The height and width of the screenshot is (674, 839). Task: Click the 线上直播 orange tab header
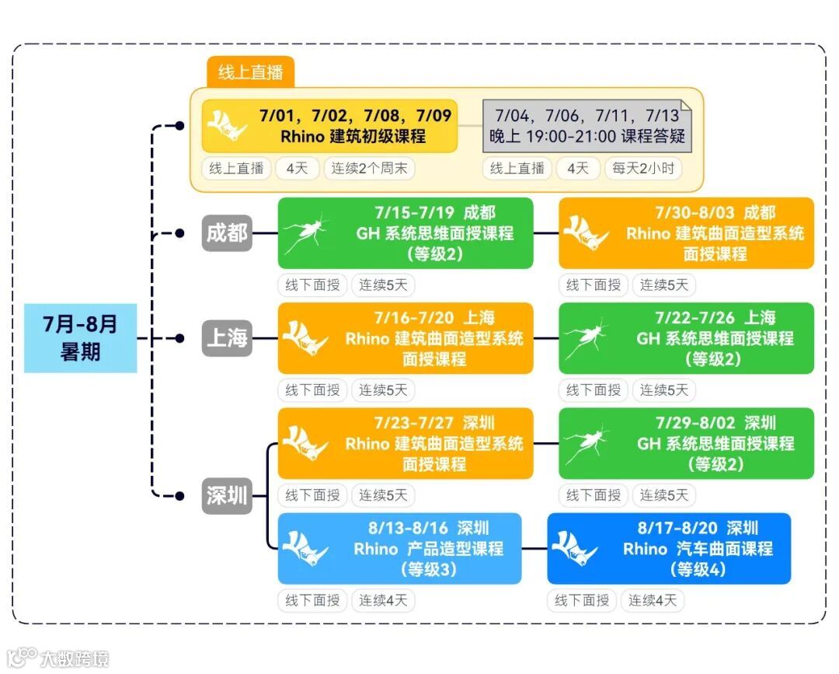coord(250,72)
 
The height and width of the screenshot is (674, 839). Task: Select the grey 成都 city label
coord(227,232)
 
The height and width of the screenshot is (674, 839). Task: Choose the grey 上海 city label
coord(227,338)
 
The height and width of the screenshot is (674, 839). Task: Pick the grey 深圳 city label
coord(227,495)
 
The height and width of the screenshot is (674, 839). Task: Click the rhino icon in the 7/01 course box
coord(228,126)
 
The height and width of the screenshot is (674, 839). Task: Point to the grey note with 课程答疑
coord(587,126)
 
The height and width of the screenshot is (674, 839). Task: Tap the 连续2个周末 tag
coord(370,168)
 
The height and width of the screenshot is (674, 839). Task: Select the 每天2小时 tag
coord(643,168)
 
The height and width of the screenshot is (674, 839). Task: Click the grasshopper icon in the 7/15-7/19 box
coord(304,233)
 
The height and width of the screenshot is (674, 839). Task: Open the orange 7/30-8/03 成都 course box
coord(686,233)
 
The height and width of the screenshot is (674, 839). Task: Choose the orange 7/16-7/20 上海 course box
coord(406,338)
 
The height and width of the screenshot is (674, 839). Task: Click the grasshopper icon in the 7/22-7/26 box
coord(586,338)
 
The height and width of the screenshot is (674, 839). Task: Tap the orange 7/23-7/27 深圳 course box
coord(406,443)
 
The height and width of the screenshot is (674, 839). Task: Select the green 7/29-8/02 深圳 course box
coord(686,443)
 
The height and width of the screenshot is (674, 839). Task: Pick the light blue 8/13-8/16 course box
coord(399,548)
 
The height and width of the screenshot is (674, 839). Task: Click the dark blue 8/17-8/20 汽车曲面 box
coord(669,548)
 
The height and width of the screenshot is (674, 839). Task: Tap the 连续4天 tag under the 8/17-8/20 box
coord(653,600)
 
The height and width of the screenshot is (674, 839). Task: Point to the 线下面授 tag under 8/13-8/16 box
coord(312,600)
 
